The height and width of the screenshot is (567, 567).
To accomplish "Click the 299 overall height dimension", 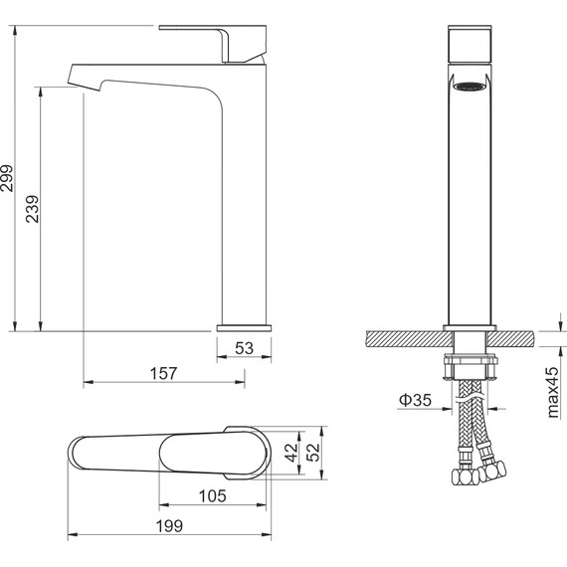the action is pos(7,178).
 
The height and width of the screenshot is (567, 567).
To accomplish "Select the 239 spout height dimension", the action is pos(33,209).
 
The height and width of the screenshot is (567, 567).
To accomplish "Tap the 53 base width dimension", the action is pos(244,348).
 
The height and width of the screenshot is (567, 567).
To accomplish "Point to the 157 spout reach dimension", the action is pos(163,373).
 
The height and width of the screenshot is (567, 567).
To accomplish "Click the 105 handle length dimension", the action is pos(213,495).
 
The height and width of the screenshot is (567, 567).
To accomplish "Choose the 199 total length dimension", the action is pos(169,526).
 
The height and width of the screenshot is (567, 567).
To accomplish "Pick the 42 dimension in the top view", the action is pos(291,453).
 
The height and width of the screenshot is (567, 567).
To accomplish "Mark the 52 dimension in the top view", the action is pos(313,453).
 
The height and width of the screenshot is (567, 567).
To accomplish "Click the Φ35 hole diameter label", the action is pos(415,400).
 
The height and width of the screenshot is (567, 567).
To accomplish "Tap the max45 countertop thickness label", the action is pos(553,392).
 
